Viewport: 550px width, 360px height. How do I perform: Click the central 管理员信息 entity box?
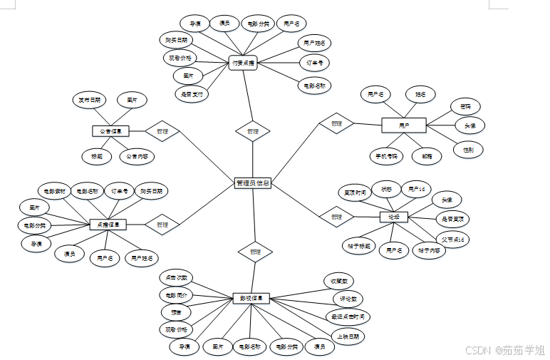pos(252,183)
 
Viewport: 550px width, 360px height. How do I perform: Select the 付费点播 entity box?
pos(243,63)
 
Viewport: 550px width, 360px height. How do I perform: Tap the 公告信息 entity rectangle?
pos(110,131)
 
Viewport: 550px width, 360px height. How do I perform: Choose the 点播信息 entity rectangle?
pos(108,224)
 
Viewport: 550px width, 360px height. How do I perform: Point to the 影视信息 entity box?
pos(251,298)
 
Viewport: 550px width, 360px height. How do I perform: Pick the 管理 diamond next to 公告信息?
pos(162,131)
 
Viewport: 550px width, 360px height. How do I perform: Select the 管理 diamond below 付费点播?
pos(253,131)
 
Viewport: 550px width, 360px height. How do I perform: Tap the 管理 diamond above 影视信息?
pos(255,252)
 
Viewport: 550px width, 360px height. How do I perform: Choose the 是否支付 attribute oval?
pos(192,93)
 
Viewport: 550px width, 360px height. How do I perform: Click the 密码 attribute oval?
pos(465,107)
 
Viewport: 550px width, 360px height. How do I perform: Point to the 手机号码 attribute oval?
pos(386,155)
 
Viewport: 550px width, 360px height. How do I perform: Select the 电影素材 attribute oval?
pos(54,191)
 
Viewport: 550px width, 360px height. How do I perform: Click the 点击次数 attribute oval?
pos(175,277)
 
